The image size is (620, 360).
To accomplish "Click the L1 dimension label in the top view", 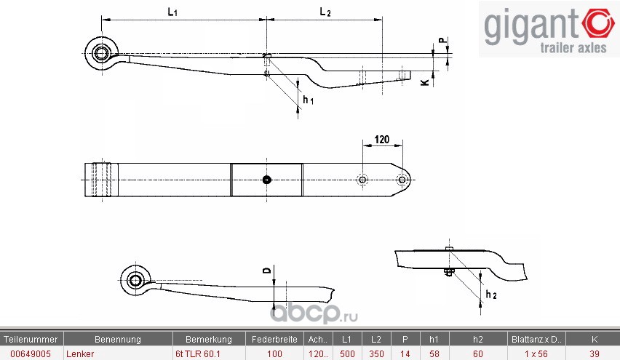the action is [x=172, y=12].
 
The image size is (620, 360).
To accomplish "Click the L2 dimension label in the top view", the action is [x=325, y=12].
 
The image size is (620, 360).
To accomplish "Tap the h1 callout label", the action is [x=309, y=100].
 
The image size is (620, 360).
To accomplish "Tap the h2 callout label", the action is [x=490, y=295].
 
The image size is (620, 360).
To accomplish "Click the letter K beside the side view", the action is [x=424, y=83].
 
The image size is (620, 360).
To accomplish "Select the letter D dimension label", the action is [x=266, y=271].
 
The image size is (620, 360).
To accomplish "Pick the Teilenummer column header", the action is [x=31, y=339].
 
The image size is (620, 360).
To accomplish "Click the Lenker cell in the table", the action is [x=79, y=353].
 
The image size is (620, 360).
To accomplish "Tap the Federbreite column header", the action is [x=274, y=339].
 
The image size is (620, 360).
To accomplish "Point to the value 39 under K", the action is [x=594, y=353].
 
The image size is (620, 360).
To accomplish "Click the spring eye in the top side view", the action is [x=100, y=52].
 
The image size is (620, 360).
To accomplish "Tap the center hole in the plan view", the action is [x=267, y=180].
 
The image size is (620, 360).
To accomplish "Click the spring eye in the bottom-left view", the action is [x=135, y=280].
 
